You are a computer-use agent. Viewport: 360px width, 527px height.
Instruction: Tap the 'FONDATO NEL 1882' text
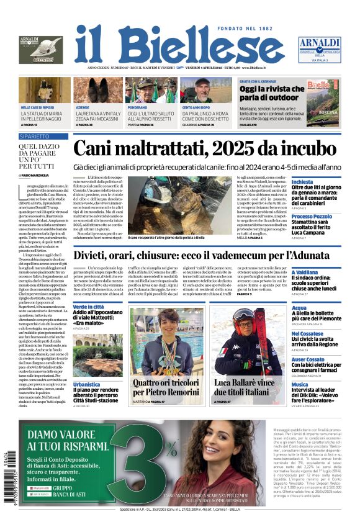pyautogui.click(x=254, y=29)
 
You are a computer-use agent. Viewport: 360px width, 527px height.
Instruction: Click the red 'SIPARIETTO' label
pyautogui.click(x=34, y=135)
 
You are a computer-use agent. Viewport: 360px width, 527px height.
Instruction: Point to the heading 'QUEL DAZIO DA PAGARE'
pyautogui.click(x=39, y=152)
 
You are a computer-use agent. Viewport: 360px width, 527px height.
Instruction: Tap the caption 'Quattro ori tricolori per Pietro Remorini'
pyautogui.click(x=165, y=387)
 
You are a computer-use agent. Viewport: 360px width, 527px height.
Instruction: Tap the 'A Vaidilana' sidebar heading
pyautogui.click(x=305, y=273)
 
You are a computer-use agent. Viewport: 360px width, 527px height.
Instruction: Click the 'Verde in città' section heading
pyautogui.click(x=88, y=307)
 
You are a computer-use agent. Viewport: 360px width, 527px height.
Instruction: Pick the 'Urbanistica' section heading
pyautogui.click(x=86, y=384)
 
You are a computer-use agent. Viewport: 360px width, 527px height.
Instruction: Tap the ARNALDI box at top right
pyautogui.click(x=319, y=49)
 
